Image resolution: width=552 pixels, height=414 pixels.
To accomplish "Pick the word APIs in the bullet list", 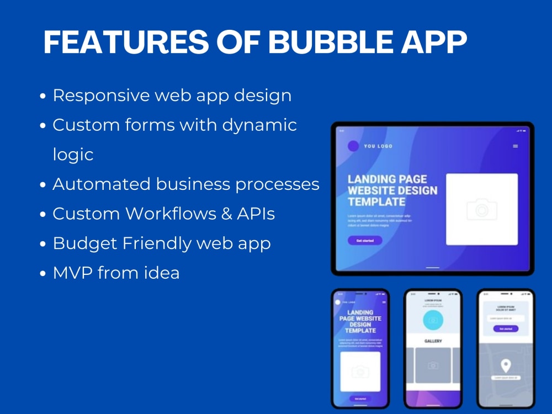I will [x=254, y=214].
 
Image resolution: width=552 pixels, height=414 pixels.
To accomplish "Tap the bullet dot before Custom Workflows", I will [x=43, y=215].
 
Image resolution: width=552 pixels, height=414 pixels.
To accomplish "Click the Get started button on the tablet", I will [x=364, y=241].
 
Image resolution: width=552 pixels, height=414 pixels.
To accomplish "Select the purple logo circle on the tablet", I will [x=353, y=146].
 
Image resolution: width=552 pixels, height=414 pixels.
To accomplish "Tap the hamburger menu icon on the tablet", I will [x=516, y=146].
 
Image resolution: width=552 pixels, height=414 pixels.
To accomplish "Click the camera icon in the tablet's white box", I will [x=481, y=210].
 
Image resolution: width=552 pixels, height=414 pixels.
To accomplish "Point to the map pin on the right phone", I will [x=505, y=365].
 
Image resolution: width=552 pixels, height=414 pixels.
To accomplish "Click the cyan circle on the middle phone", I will [x=433, y=321].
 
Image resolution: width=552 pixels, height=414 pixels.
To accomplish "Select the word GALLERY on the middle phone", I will [x=433, y=341].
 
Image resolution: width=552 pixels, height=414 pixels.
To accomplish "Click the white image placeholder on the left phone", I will [x=360, y=371].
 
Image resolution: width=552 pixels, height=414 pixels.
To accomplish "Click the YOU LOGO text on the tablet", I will [x=378, y=146].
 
